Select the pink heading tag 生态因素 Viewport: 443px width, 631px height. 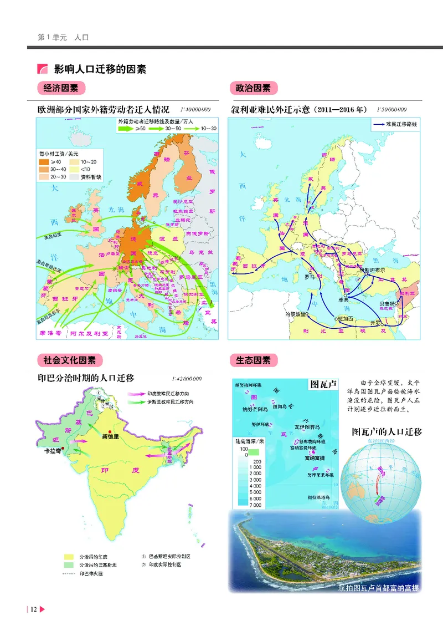click(x=253, y=360)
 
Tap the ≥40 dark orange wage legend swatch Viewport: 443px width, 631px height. click(x=44, y=161)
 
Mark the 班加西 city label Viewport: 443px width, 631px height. click(x=344, y=319)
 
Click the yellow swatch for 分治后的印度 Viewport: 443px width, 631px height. click(x=69, y=556)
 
